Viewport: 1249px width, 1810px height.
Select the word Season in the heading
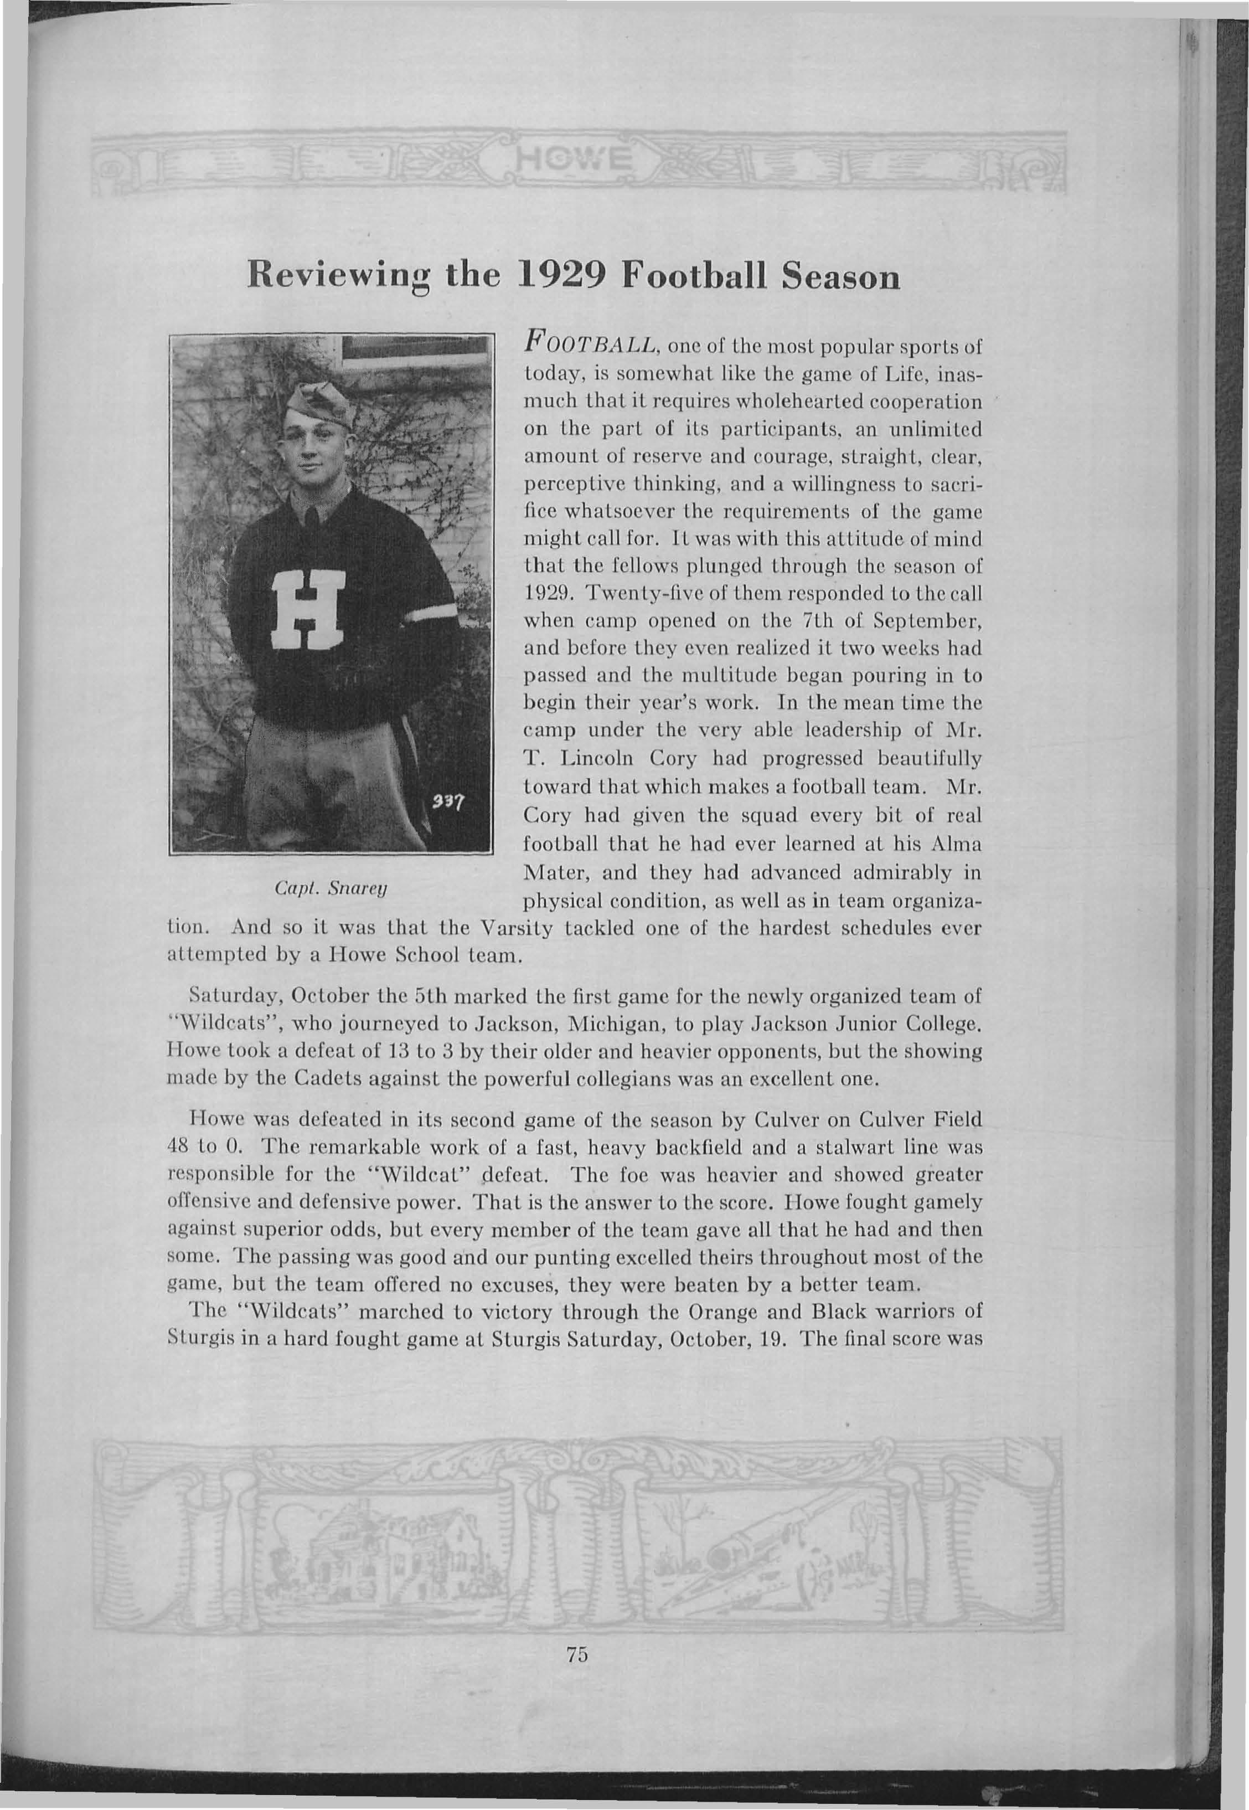[x=840, y=280]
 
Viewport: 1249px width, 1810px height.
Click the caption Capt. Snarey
[x=333, y=889]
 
